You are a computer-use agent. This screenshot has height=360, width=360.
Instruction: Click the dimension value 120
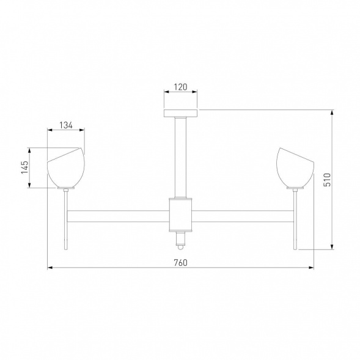[180, 87]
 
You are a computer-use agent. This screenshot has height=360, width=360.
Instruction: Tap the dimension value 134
[66, 125]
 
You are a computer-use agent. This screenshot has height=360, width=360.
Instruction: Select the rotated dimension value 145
[25, 167]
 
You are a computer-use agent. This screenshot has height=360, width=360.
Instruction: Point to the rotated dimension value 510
[327, 179]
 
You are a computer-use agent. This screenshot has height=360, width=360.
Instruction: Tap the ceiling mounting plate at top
[180, 113]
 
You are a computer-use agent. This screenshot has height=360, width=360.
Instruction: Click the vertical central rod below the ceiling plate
[180, 156]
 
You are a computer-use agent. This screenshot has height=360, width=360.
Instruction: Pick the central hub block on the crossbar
[180, 215]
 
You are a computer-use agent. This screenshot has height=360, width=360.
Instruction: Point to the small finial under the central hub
[180, 241]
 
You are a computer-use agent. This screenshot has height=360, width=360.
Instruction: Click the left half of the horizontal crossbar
[116, 216]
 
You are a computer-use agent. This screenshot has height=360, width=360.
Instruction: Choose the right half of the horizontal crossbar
[244, 216]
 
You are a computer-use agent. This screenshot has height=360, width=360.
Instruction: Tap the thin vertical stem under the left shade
[65, 220]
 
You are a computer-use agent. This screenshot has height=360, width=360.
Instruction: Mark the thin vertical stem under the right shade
[296, 220]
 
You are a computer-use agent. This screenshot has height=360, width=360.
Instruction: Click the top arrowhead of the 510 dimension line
[332, 112]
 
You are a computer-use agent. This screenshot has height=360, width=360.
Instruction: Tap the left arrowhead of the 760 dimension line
[50, 268]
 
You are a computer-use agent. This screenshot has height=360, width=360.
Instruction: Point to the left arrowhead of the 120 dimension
[165, 93]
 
